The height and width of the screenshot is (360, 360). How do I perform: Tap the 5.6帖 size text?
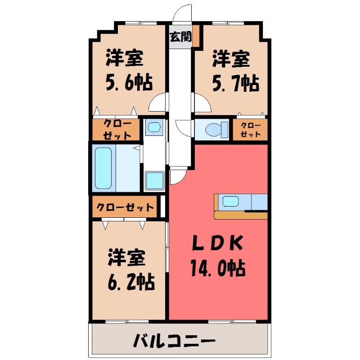click(129, 82)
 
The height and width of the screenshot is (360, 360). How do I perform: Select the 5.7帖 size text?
click(235, 82)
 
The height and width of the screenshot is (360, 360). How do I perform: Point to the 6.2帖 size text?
click(131, 282)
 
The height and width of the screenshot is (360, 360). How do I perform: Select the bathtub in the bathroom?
click(103, 167)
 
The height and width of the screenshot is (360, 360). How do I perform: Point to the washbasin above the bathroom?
click(154, 126)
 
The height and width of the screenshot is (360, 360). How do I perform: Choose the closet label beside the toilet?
click(250, 130)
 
